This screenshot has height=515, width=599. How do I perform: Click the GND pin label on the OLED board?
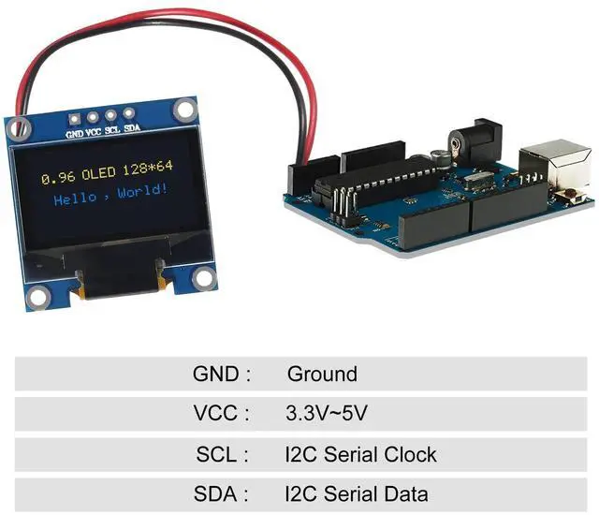click(75, 134)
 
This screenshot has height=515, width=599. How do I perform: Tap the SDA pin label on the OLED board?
click(132, 128)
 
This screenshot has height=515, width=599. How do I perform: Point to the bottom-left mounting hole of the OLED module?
click(37, 299)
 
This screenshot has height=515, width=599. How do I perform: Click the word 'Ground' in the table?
click(322, 375)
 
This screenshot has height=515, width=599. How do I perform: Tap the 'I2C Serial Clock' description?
click(360, 455)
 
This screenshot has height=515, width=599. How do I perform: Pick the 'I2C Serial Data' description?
click(357, 494)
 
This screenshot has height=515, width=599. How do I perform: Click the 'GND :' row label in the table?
click(222, 375)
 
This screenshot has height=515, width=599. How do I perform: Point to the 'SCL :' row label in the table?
click(223, 455)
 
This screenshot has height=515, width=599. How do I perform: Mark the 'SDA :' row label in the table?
click(222, 494)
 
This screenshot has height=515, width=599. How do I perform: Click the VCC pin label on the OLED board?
click(94, 132)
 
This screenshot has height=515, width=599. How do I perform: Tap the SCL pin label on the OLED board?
click(112, 130)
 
